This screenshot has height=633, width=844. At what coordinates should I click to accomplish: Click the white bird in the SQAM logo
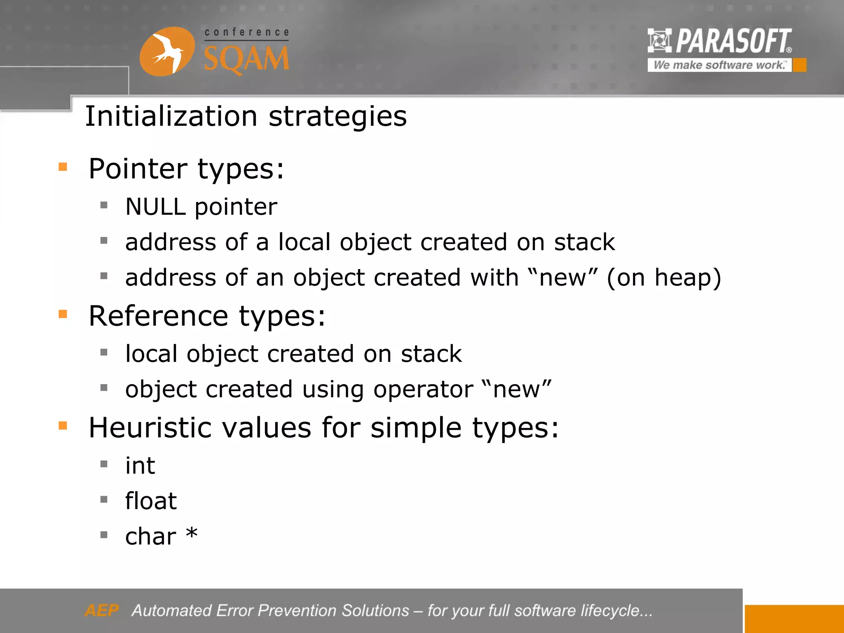pos(167,52)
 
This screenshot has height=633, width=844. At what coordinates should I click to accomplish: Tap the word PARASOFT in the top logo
pos(734,41)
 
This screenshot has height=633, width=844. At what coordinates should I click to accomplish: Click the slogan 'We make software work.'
pos(719,65)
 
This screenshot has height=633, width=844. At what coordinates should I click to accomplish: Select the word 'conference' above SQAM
pos(247,33)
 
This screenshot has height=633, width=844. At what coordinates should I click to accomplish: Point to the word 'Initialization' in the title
pos(171,116)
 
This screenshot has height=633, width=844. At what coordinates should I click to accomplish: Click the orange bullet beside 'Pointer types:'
pos(63,167)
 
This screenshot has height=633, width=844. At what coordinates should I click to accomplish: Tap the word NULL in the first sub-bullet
pos(155,207)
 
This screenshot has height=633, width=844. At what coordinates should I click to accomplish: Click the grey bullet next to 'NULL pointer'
pos(104,205)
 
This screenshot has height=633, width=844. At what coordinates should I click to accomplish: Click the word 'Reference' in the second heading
pos(159,316)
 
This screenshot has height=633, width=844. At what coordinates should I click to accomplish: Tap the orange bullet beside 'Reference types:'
pos(63,314)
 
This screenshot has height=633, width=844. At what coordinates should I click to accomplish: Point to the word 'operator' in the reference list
pos(423,390)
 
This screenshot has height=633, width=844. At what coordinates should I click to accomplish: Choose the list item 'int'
pos(140,466)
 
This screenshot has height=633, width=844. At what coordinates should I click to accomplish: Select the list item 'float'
pos(151,502)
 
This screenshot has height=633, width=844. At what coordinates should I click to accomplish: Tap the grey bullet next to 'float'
pos(104,500)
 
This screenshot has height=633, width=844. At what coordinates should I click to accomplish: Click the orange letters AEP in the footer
pos(102,610)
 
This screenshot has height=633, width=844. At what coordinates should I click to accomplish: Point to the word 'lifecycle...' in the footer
pos(617,611)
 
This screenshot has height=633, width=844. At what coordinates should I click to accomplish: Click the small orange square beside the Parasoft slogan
pos(799,65)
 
